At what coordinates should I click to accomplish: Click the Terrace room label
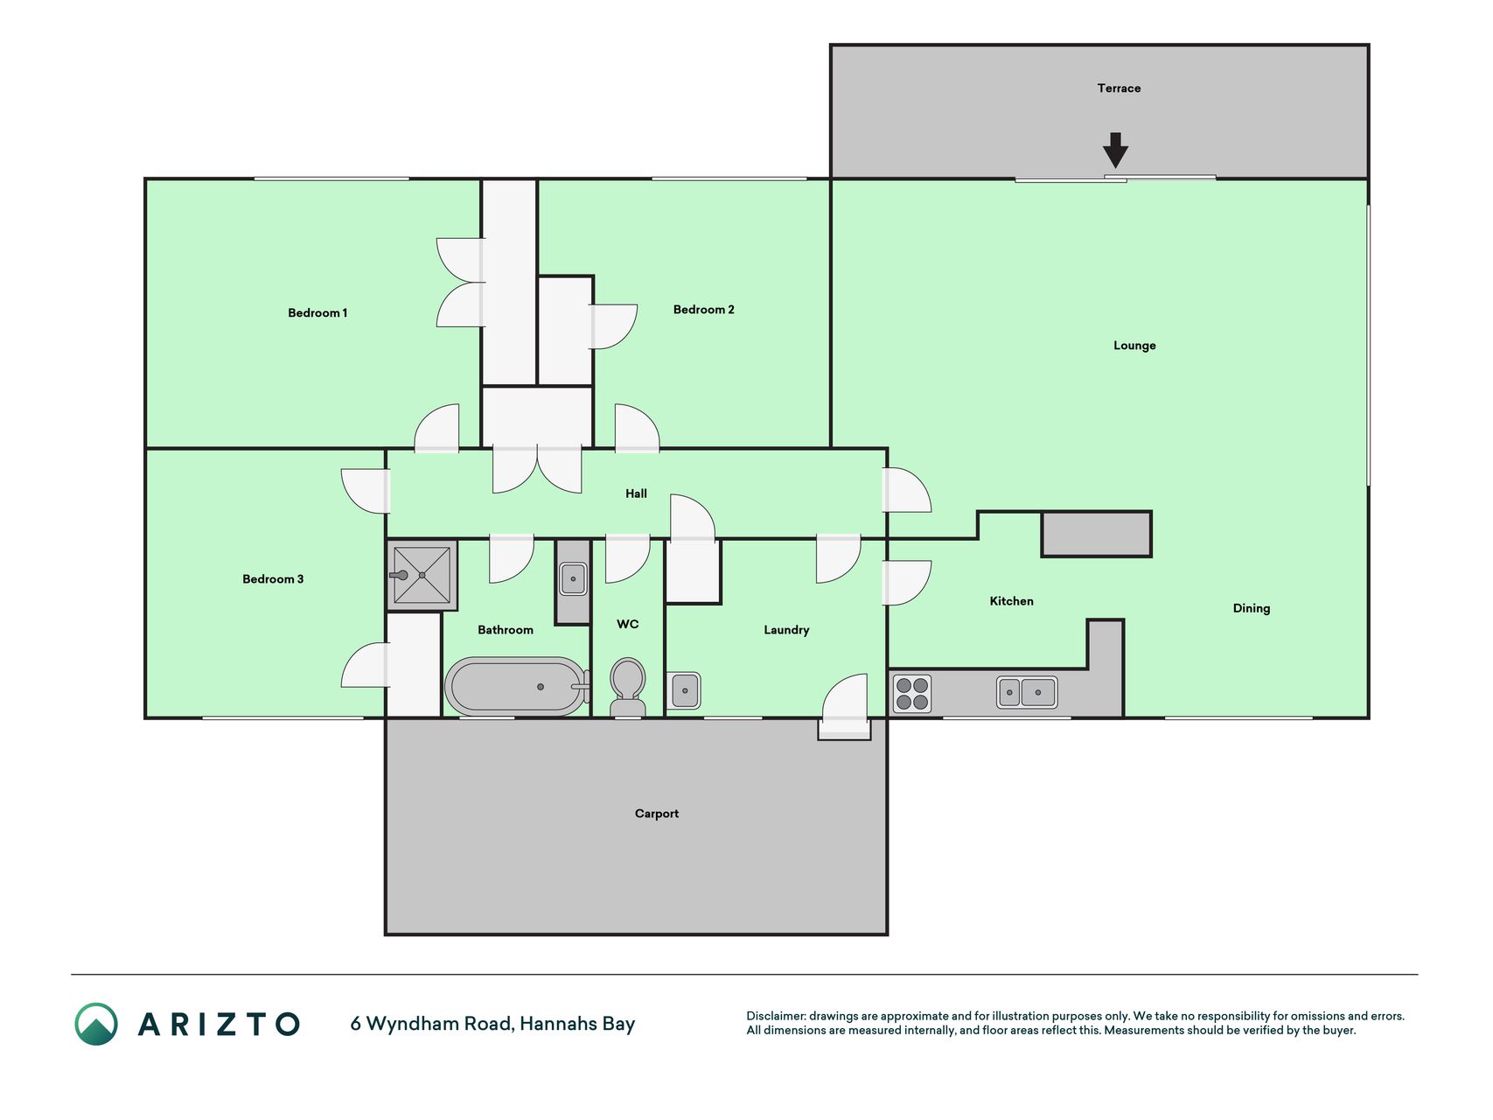click(1119, 88)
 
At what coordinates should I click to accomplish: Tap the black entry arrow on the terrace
click(1115, 150)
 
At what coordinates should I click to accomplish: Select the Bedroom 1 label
click(317, 313)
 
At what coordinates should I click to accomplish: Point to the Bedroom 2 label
click(703, 310)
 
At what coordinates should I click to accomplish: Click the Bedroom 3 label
click(273, 579)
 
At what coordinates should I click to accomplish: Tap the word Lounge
click(1134, 346)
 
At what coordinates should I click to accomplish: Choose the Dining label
click(1251, 609)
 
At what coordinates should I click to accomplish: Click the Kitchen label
click(1011, 601)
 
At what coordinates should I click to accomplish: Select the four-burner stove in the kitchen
click(912, 694)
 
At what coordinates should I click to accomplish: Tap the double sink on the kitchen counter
click(1027, 692)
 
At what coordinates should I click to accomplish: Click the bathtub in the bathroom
click(517, 687)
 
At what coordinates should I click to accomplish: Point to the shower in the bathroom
click(422, 575)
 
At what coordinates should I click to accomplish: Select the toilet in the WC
click(627, 688)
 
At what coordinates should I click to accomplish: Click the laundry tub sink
click(684, 690)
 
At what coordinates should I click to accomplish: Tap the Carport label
click(657, 814)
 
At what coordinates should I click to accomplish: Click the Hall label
click(636, 493)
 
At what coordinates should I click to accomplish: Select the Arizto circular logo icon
click(96, 1024)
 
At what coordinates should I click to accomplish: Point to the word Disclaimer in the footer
click(776, 1016)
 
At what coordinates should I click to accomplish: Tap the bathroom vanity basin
click(573, 578)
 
